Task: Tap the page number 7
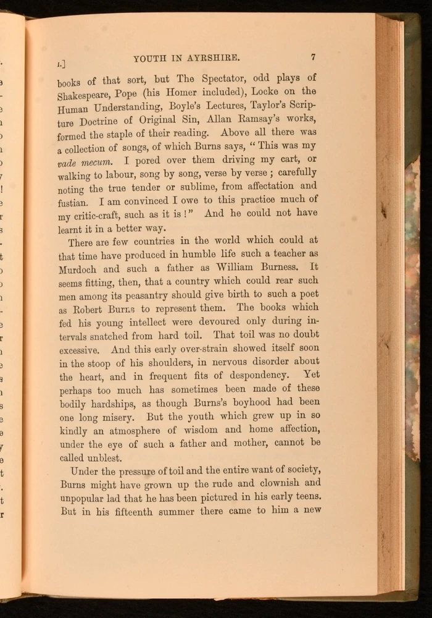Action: [314, 57]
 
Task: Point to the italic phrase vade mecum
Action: [78, 163]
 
